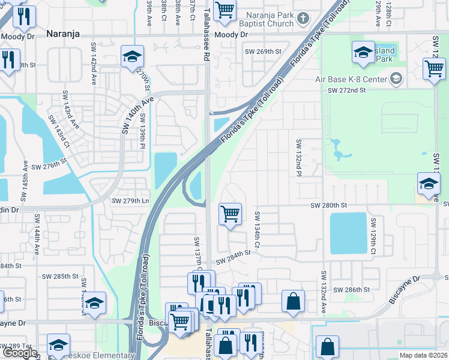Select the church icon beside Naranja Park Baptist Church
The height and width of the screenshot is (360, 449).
304,22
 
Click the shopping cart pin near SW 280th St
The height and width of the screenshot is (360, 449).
231,214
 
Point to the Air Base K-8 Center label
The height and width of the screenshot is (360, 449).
352,79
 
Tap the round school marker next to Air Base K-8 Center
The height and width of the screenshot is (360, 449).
396,79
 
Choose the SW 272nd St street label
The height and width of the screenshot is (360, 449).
346,90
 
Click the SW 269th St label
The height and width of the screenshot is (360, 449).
263,52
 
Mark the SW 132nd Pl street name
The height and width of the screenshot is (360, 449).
298,158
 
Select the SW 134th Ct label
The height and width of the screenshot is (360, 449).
257,229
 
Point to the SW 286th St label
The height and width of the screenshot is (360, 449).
352,290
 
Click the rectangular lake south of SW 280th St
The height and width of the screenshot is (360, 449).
348,233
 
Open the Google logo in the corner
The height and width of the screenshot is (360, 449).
19,353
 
